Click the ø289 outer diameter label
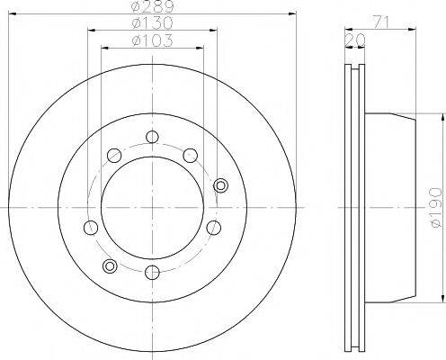point(153,6)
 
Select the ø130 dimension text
point(153,23)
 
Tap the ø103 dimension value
point(153,40)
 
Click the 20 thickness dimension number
point(355,40)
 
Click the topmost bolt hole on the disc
point(152,137)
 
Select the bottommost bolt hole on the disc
point(152,273)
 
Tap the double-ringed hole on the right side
point(220,185)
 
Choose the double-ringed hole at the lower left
point(110,266)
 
